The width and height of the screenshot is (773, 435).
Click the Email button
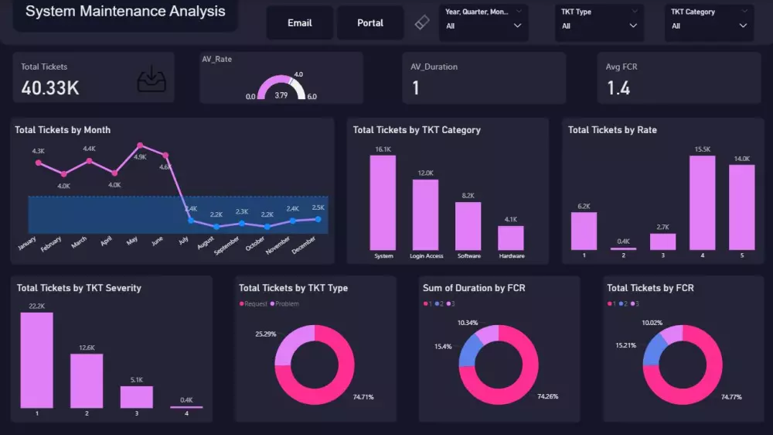[x=300, y=23]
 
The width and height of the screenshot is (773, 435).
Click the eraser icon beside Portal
[x=421, y=23]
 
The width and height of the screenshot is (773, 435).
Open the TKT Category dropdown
[x=710, y=26]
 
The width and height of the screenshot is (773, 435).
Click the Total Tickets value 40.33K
[x=50, y=88]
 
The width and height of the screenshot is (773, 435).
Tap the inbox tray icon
[x=152, y=80]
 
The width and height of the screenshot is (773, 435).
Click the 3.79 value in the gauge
[x=281, y=96]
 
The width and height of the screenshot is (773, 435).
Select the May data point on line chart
[x=140, y=146]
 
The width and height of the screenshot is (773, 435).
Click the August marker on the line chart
[x=216, y=227]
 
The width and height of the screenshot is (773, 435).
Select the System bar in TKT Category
[x=383, y=203]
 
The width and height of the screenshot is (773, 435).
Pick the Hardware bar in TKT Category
[x=511, y=238]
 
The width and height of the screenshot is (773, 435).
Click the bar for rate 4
[x=702, y=203]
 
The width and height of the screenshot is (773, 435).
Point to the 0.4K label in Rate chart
[x=623, y=241]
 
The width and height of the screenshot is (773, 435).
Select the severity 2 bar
[x=87, y=381]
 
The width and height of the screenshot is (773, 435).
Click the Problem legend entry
[x=286, y=304]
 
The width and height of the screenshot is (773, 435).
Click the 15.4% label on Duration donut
[x=443, y=346]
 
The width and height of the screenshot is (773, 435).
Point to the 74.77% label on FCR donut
[x=731, y=397]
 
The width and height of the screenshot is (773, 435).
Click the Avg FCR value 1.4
[x=618, y=88]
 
